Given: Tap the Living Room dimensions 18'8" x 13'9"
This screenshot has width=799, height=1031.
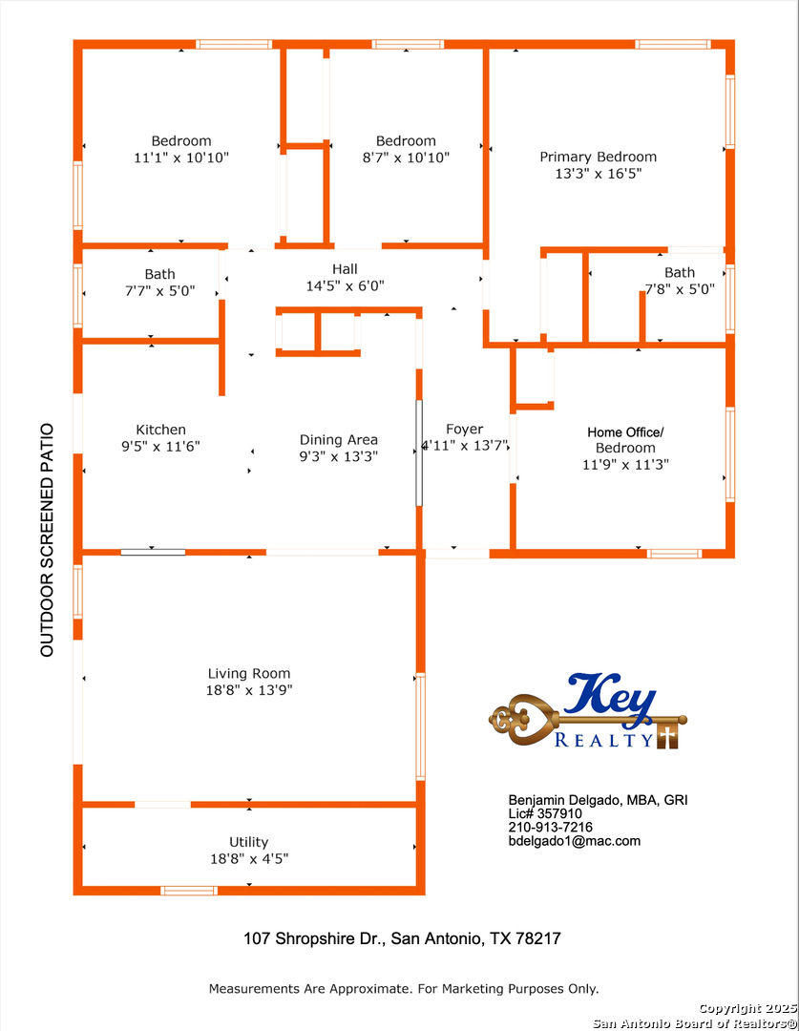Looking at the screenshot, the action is click(248, 690).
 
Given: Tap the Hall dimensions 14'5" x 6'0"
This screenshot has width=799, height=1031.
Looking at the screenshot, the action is click(345, 286).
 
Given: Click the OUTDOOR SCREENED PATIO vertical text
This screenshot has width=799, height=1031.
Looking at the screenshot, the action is click(47, 539).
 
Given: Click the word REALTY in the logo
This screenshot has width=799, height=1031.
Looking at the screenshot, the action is click(603, 740).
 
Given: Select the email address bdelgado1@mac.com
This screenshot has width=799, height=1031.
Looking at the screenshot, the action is click(574, 841).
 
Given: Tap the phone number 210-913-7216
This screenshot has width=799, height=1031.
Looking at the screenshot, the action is click(551, 827).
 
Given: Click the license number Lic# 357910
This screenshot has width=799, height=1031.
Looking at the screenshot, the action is click(545, 813).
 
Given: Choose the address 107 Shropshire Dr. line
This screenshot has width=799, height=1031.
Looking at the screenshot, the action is click(402, 938).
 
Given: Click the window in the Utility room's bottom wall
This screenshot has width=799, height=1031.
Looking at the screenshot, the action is click(189, 891).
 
